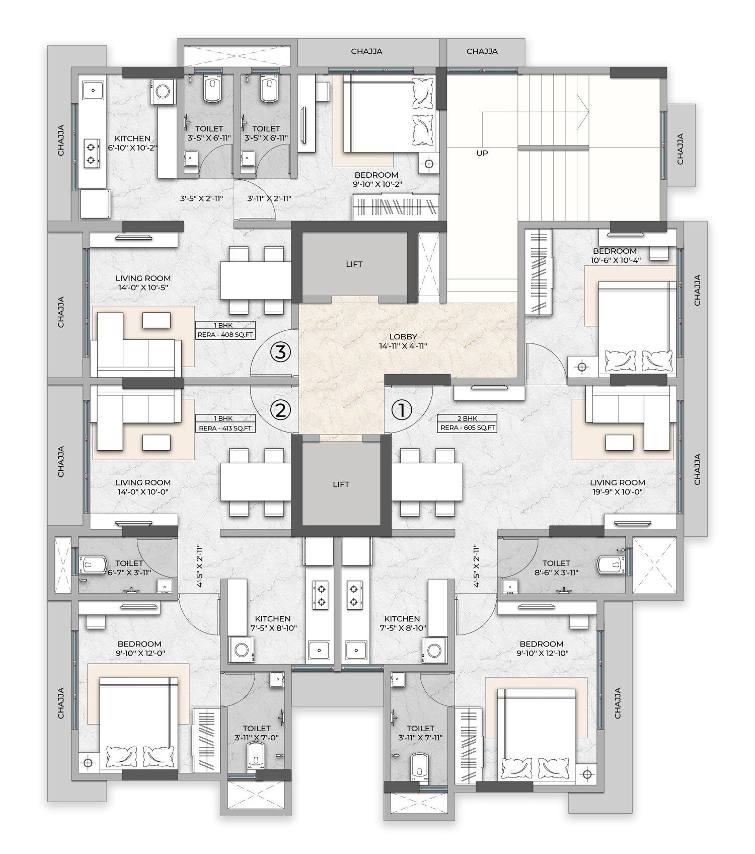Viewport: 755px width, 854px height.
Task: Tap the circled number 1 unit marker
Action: click(x=402, y=410)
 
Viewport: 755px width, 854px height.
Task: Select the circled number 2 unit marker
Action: click(x=281, y=410)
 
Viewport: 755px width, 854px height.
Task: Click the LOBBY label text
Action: click(x=403, y=337)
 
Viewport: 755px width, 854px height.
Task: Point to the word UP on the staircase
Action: click(x=482, y=153)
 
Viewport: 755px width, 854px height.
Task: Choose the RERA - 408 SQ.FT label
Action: click(x=225, y=334)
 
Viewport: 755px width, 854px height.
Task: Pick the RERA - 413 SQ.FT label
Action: click(x=225, y=428)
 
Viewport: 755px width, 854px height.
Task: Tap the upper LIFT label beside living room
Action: click(x=354, y=264)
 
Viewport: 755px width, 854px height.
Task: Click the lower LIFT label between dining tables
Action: click(x=341, y=484)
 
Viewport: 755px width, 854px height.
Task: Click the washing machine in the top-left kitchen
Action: click(x=163, y=91)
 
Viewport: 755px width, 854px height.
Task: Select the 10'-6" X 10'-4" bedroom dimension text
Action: click(x=615, y=260)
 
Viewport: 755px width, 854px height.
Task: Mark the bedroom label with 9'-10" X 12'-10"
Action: click(x=542, y=649)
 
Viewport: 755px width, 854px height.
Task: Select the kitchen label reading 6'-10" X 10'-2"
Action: click(x=132, y=144)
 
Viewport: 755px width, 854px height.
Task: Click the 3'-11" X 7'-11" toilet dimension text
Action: click(x=420, y=738)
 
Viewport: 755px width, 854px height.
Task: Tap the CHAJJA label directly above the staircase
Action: click(x=482, y=51)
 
